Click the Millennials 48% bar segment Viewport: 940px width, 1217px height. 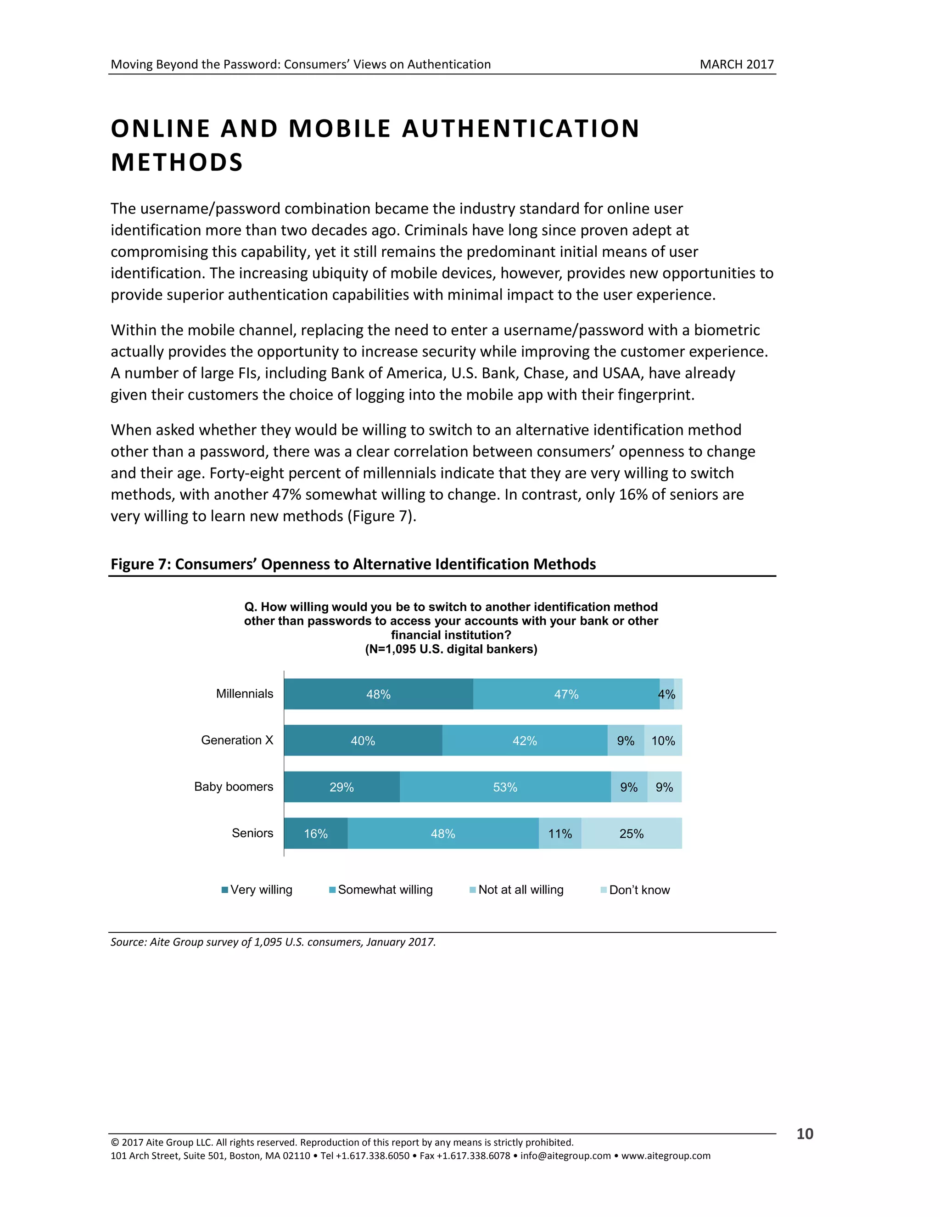(378, 694)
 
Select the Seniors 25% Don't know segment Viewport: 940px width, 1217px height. (631, 834)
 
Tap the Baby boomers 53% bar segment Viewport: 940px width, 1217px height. (504, 787)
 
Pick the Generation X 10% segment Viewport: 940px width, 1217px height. (663, 741)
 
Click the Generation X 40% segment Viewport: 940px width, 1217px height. (363, 741)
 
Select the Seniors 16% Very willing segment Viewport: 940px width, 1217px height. (316, 834)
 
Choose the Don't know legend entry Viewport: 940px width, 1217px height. (635, 890)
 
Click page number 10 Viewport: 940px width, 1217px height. (805, 1134)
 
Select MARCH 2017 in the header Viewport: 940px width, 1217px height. (736, 64)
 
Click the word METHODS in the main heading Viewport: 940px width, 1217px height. (177, 163)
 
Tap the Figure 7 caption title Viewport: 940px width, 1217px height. (353, 564)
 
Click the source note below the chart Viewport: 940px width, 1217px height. (273, 942)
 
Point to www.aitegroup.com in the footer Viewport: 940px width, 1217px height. (666, 1156)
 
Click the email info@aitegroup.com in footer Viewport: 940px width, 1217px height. (565, 1156)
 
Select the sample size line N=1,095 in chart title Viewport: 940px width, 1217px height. (451, 649)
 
